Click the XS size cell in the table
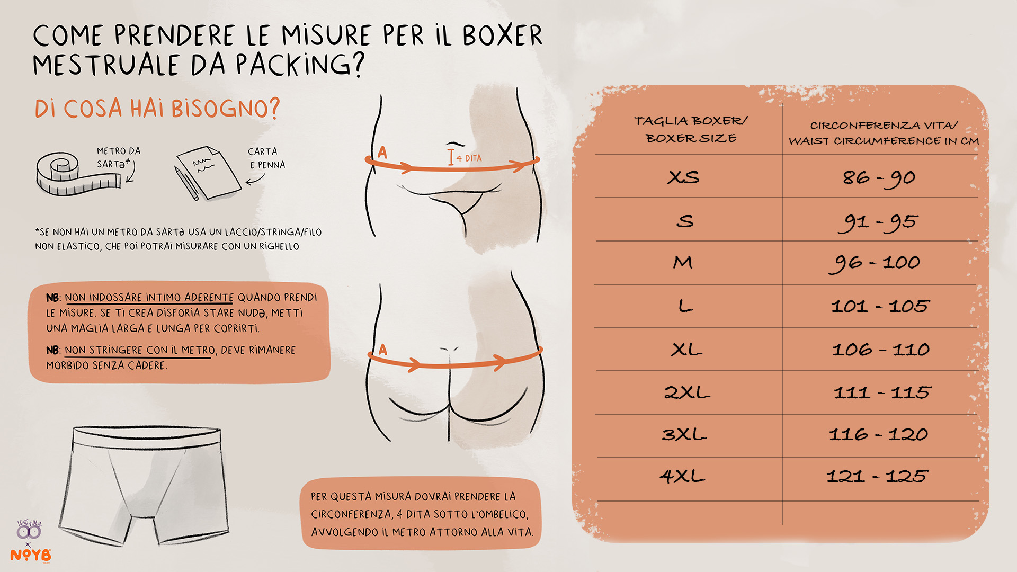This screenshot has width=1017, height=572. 683,177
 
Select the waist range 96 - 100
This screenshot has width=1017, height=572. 875,263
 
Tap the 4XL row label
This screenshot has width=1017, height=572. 682,476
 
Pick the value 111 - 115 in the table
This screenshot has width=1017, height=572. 882,392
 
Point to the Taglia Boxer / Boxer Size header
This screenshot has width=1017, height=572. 691,129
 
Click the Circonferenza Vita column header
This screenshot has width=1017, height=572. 884,133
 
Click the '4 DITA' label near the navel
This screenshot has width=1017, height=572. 469,158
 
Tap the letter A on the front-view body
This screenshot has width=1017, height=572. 382,153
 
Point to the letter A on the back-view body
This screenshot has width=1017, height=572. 383,350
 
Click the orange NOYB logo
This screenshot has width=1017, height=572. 31,555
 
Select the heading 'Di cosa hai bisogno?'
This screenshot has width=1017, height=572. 157,109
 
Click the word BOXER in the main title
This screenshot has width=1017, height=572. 502,35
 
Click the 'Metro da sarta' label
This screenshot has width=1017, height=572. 119,158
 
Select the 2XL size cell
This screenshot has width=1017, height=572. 687,392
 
